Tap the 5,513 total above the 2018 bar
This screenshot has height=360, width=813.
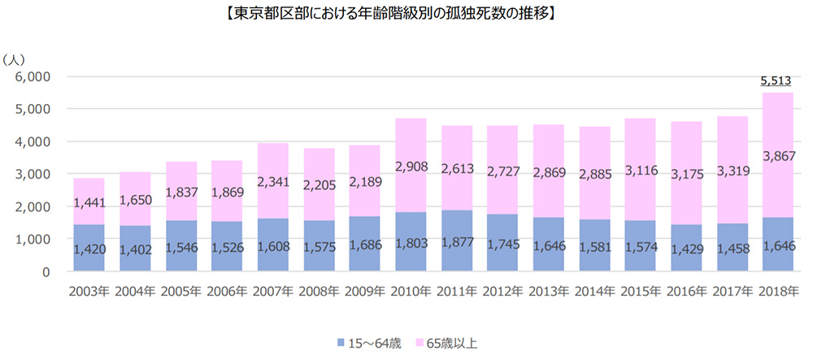click(x=776, y=80)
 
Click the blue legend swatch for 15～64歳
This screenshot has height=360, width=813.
click(x=337, y=343)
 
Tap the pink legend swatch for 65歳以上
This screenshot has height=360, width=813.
click(x=420, y=343)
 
